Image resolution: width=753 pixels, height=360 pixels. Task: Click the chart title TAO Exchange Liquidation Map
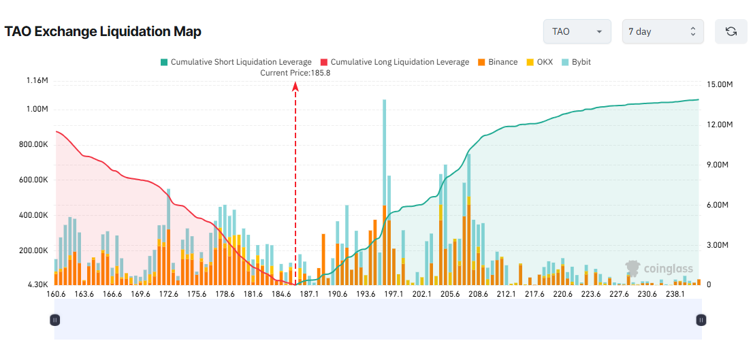(103, 31)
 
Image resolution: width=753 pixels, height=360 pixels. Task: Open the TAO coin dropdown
(577, 31)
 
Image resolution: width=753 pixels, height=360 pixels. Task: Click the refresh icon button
(731, 31)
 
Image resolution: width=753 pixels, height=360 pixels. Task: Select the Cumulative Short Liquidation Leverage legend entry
(236, 62)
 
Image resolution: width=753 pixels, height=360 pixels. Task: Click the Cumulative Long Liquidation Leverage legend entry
(394, 62)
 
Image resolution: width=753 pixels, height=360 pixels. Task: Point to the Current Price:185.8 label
(295, 73)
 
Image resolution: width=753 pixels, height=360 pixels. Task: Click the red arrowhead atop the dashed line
(295, 86)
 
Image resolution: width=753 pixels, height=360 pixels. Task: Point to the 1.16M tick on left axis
(37, 81)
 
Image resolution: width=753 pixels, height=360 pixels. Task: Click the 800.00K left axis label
(33, 144)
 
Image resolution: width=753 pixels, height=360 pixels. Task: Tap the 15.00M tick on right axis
(720, 85)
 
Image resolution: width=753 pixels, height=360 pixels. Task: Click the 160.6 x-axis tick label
(56, 294)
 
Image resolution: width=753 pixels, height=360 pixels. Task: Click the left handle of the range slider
(55, 320)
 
